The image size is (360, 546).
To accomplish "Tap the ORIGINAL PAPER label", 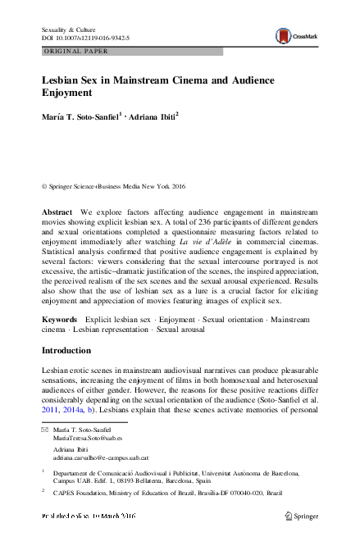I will (72, 52).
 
